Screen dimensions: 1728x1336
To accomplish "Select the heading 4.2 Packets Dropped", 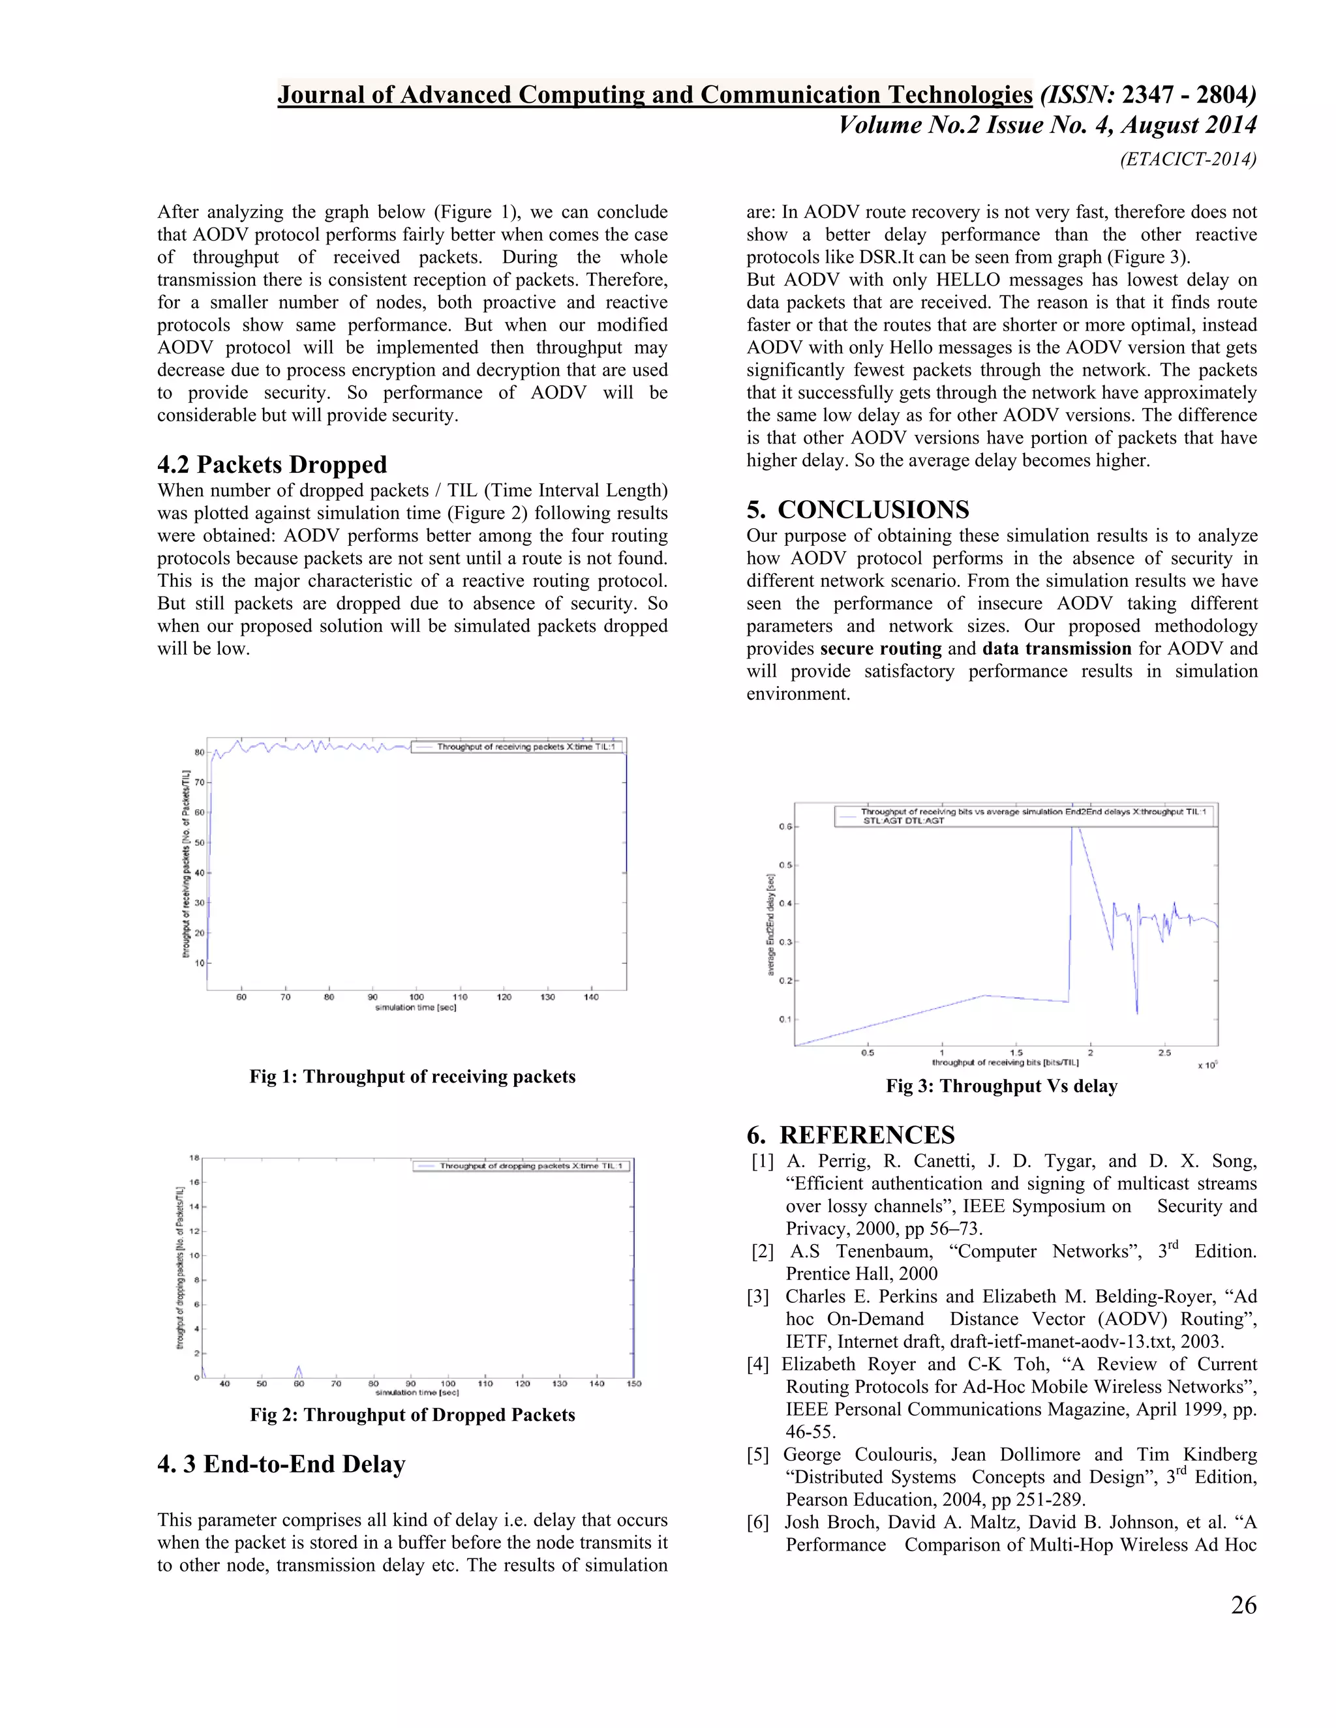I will point(272,464).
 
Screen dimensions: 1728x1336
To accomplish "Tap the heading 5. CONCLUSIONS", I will point(858,509).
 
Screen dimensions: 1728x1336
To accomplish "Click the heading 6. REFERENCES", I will point(851,1135).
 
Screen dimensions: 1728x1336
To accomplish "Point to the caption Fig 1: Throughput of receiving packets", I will point(412,1076).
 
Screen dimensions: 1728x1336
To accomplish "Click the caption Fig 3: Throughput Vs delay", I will point(1001,1086).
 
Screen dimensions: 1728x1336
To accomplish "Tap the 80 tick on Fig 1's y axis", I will point(200,752).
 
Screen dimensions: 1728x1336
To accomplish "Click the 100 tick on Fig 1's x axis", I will point(416,997).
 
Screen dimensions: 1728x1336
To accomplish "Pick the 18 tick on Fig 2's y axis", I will point(194,1157).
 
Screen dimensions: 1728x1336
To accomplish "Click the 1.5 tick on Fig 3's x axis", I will point(1016,1053).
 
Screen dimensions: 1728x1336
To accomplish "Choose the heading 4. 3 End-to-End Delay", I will point(281,1464).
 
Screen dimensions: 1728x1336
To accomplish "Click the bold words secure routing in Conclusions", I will point(880,649).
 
